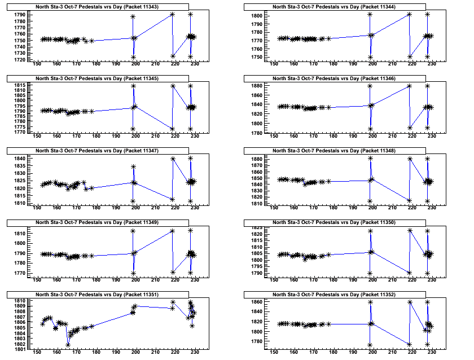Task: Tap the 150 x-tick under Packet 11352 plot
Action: [274, 351]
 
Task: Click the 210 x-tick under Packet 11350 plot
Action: [392, 279]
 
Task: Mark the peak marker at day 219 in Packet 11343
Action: [173, 14]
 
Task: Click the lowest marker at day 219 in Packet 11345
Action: [173, 129]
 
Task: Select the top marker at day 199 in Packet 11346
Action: [370, 86]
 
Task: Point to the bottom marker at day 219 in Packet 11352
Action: [410, 344]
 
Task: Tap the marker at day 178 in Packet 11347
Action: [91, 188]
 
